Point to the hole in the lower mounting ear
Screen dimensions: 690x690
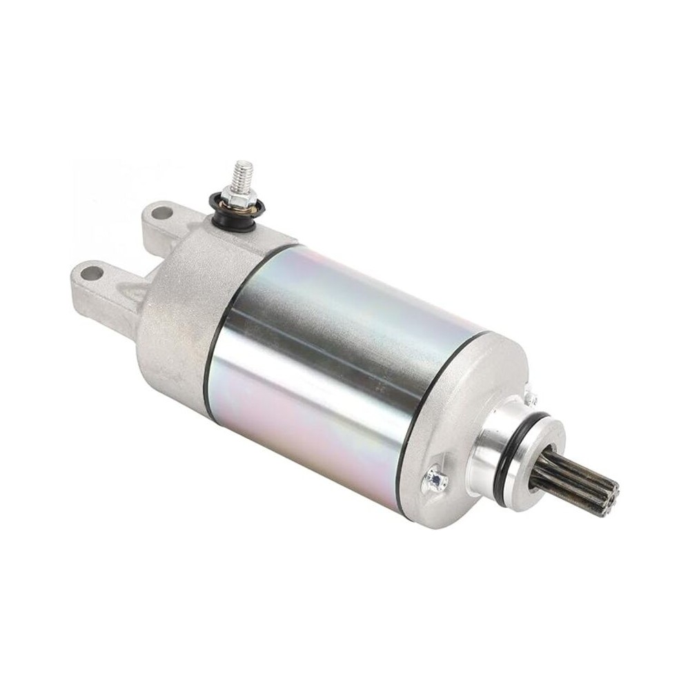(90, 273)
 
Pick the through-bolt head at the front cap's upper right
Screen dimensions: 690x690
(531, 399)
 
